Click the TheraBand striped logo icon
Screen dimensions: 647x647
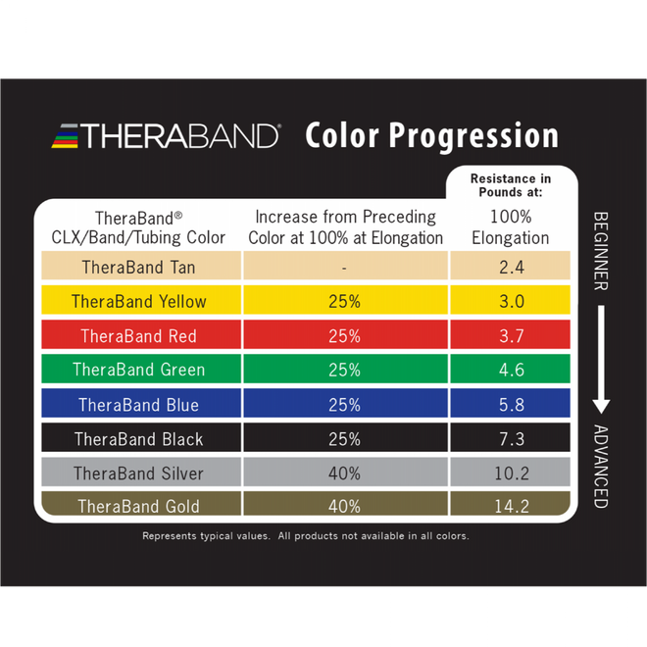(66, 135)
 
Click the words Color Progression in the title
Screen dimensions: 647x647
(431, 135)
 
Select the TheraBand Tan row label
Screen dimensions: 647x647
(138, 267)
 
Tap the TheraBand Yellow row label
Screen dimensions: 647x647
(138, 302)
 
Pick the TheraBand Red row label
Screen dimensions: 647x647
(138, 336)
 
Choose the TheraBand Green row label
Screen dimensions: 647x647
(138, 370)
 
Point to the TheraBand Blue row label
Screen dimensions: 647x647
(138, 405)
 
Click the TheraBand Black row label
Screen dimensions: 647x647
(138, 439)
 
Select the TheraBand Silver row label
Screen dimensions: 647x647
(138, 473)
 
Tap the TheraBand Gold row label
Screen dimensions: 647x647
(138, 506)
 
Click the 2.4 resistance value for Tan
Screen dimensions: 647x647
(511, 267)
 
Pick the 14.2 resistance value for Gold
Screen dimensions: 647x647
(511, 506)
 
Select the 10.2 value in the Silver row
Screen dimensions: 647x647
(511, 473)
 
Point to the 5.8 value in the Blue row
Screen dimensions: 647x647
(511, 405)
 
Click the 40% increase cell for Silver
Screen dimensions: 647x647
(344, 473)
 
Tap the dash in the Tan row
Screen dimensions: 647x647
(344, 267)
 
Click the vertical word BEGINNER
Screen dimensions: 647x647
(601, 251)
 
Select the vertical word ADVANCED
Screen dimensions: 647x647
(601, 466)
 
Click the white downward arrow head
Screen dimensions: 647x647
(602, 404)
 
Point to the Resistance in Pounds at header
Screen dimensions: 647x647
(510, 185)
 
